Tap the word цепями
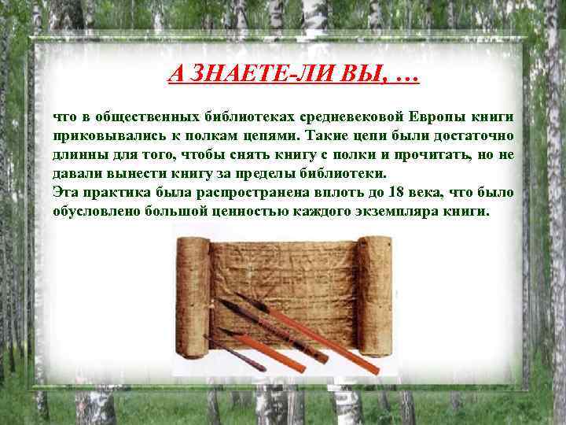click(262, 136)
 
